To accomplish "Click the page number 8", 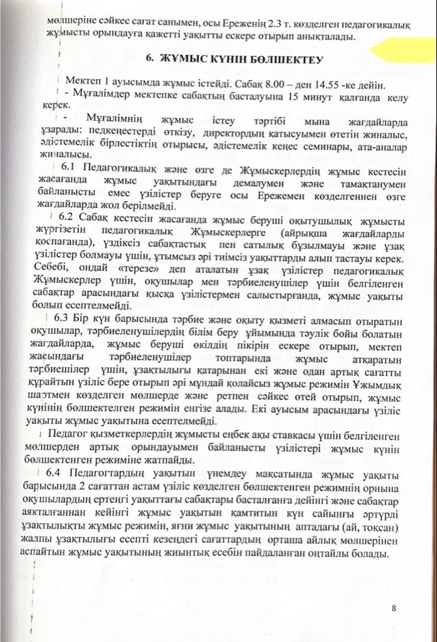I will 395,608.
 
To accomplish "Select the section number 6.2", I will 66,220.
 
